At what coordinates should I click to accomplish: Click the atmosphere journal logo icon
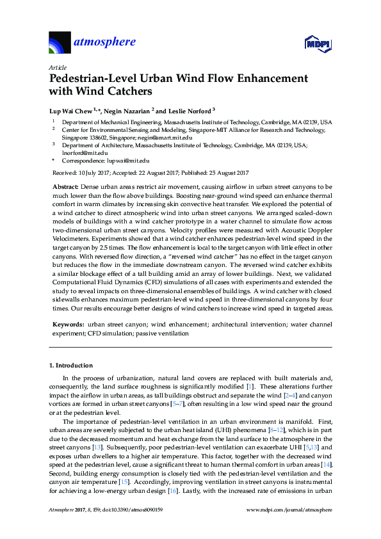pos(61,42)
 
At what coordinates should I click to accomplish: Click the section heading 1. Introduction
pos(71,366)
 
